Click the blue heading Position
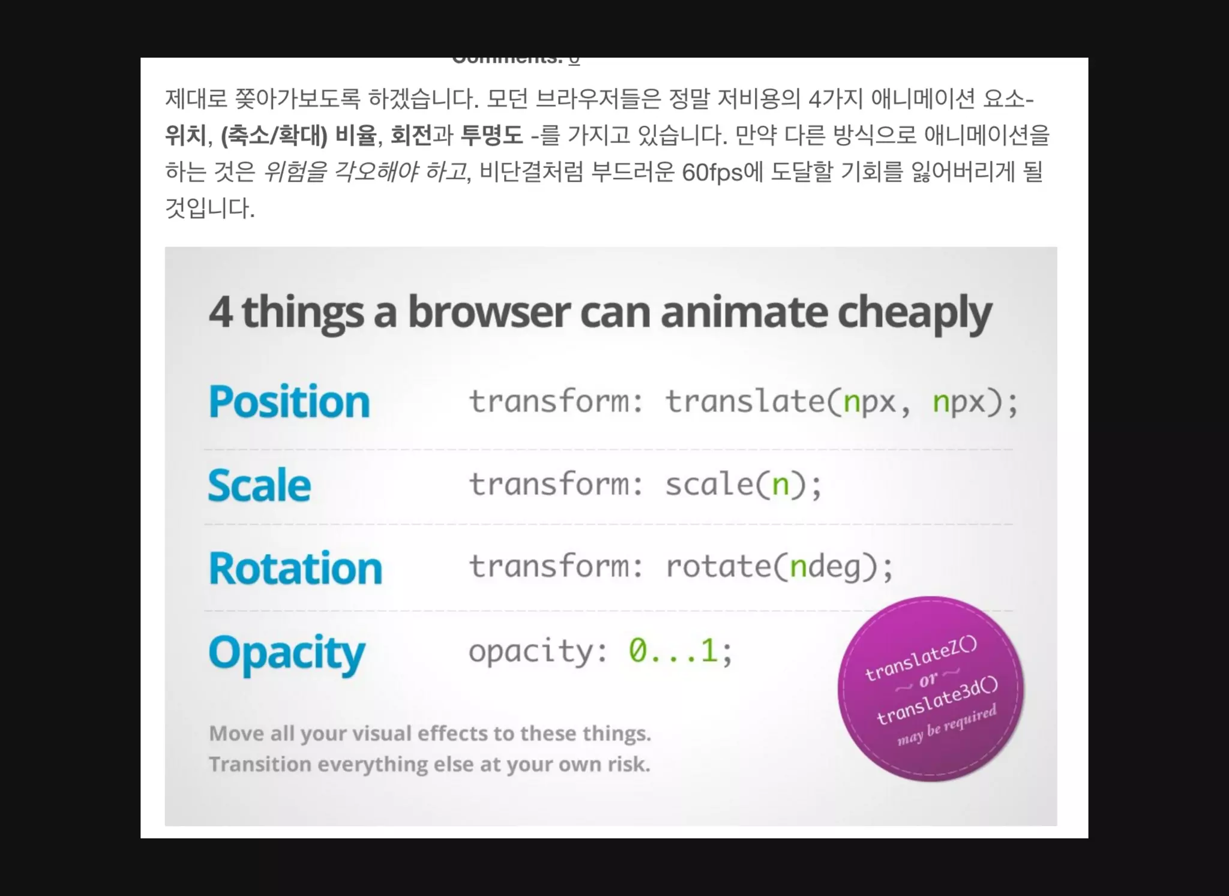click(x=289, y=401)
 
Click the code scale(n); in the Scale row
click(x=743, y=484)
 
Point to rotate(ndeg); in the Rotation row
click(x=779, y=566)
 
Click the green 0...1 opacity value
click(x=673, y=650)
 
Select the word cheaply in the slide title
click(x=914, y=312)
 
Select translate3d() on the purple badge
click(x=937, y=700)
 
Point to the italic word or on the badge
click(x=928, y=679)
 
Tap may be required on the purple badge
click(x=946, y=725)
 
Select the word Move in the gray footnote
click(x=236, y=733)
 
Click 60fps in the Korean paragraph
click(x=712, y=173)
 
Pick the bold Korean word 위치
click(x=185, y=135)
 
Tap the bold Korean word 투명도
click(x=491, y=135)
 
